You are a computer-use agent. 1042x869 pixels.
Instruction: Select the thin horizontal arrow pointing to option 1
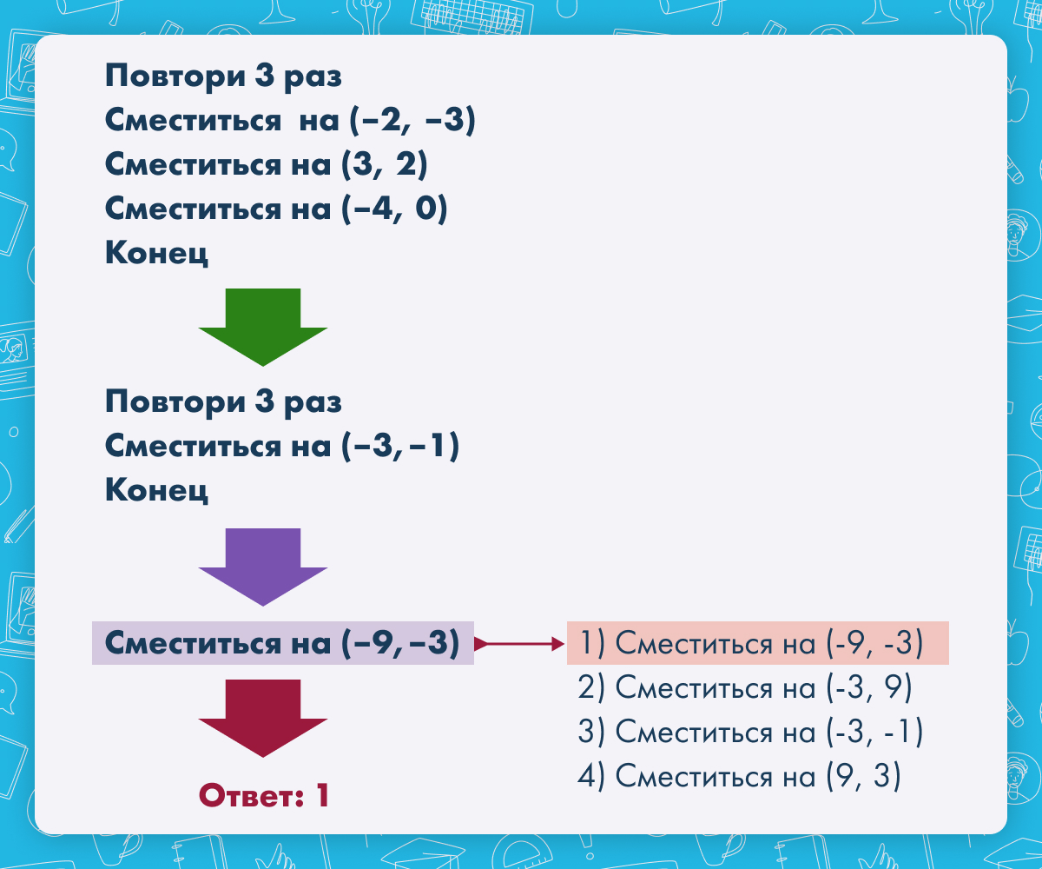tap(519, 644)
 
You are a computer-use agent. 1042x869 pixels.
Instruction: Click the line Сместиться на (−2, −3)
tap(290, 121)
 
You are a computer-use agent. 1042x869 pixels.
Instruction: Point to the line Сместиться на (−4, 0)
tap(276, 209)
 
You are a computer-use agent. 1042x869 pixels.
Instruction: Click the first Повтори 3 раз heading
tap(223, 76)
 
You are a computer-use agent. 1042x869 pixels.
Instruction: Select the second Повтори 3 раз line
tap(223, 401)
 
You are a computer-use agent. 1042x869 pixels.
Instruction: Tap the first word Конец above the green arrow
tap(156, 253)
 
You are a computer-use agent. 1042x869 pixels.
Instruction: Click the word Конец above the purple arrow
tap(156, 490)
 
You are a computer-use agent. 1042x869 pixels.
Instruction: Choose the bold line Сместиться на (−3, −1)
tap(282, 446)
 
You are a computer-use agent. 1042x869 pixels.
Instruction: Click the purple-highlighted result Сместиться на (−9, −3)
tap(282, 643)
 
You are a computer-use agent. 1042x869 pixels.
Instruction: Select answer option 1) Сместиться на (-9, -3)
tap(750, 643)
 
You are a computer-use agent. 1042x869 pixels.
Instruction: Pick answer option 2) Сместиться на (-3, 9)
tap(744, 687)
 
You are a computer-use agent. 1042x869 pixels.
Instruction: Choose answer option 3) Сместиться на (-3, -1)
tap(750, 732)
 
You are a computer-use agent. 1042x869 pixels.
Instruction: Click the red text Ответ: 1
tap(263, 795)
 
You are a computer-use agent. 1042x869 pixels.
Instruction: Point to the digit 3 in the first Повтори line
tap(264, 76)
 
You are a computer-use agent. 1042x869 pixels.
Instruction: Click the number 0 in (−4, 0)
tap(425, 208)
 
